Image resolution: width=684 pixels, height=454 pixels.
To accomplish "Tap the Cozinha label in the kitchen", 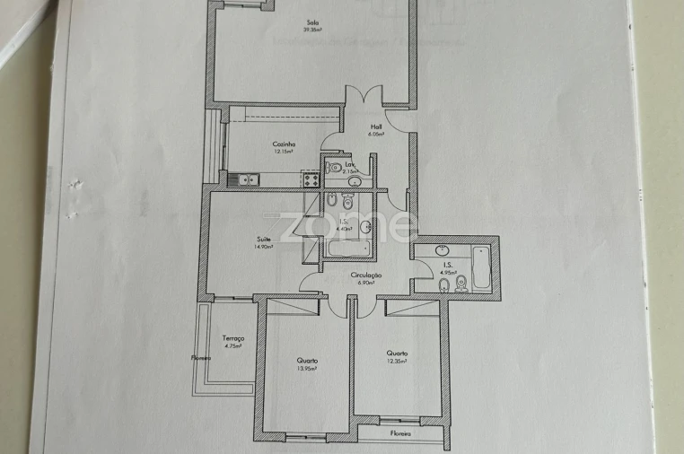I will click(285, 144).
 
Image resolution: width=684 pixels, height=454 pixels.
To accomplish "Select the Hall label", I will click(376, 127).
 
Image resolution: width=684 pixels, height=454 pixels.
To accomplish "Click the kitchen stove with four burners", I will click(312, 179).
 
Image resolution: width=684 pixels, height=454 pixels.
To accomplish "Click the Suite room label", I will click(264, 239).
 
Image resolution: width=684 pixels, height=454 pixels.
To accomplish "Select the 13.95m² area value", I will click(308, 368).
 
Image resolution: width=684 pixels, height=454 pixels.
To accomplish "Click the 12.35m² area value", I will click(397, 361).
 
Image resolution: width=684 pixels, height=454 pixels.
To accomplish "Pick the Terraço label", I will click(233, 337).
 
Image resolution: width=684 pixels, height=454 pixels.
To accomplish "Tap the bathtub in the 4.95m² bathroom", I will click(480, 267).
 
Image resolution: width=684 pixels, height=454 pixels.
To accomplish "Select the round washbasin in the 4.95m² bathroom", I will click(443, 250).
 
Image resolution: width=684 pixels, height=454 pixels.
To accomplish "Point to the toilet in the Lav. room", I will click(333, 166).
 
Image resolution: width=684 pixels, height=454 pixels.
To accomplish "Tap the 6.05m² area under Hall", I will click(376, 135).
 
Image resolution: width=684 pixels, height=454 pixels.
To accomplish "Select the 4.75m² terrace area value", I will click(233, 345).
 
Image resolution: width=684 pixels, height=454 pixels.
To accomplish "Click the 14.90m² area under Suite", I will click(264, 247).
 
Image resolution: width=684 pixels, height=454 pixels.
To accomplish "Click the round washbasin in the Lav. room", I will click(354, 182).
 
